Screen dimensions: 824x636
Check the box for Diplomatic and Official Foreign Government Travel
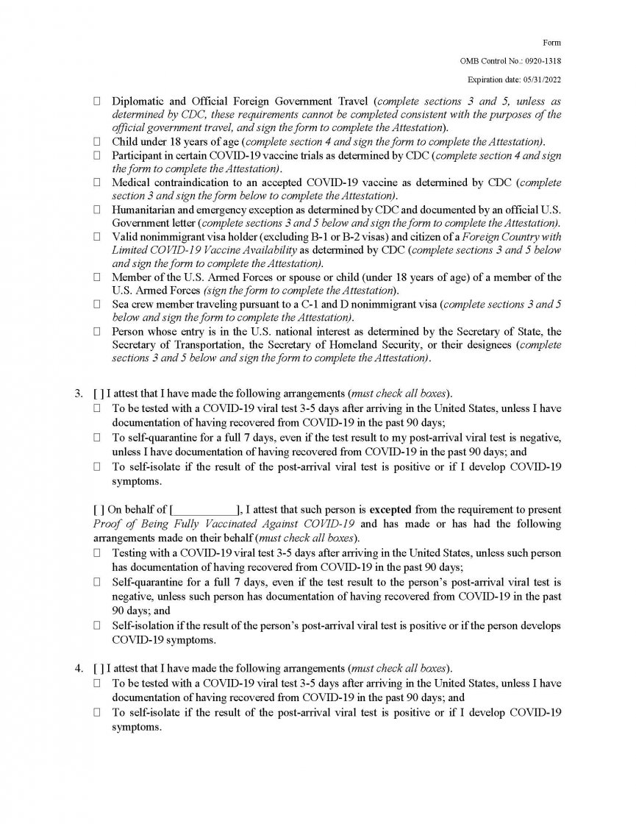96,101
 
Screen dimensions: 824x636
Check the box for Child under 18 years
96,141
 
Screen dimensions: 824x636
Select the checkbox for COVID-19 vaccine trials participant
96,154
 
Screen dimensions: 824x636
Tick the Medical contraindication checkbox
96,182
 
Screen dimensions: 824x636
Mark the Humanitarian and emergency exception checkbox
96,209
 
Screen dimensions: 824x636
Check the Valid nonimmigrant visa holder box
96,236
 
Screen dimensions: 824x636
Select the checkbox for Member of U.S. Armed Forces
96,277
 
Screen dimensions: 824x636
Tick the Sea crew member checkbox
96,304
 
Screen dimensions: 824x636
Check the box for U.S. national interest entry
96,331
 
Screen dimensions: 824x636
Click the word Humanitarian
147,209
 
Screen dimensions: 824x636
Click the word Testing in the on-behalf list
129,553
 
